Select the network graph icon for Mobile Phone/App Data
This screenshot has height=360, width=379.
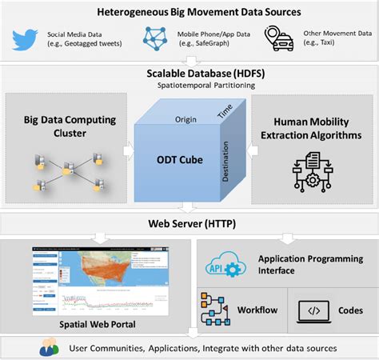[x=156, y=38]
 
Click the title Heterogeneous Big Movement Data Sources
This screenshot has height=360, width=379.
[x=189, y=11]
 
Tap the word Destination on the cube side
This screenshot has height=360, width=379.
[x=236, y=160]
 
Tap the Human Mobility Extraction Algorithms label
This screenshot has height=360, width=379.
[x=314, y=129]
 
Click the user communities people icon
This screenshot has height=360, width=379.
[x=49, y=349]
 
